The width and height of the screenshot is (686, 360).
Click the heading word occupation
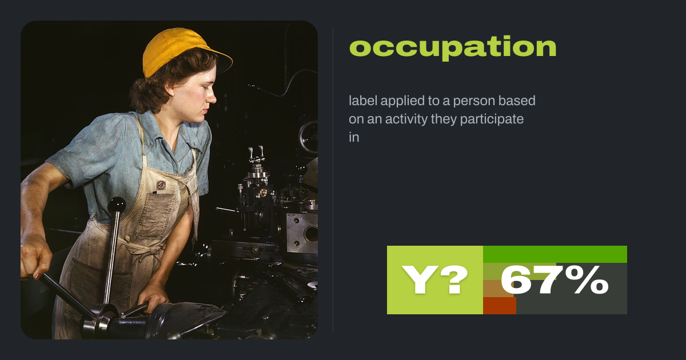tap(453, 47)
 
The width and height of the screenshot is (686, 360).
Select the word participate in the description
tap(492, 119)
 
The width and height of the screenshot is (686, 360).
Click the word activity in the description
tap(406, 119)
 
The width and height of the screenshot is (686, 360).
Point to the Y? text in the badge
tap(434, 280)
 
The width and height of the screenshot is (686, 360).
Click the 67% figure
tap(555, 280)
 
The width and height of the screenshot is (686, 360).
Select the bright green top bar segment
tap(555, 254)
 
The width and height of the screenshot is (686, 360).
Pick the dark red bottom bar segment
tap(500, 306)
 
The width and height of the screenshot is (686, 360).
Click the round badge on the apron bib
tap(161, 185)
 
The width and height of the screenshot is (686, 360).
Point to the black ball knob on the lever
tap(117, 204)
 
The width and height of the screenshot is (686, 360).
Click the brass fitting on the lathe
tap(263, 192)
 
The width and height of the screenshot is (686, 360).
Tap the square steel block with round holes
tap(302, 233)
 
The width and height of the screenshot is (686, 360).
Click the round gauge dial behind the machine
tap(309, 137)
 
